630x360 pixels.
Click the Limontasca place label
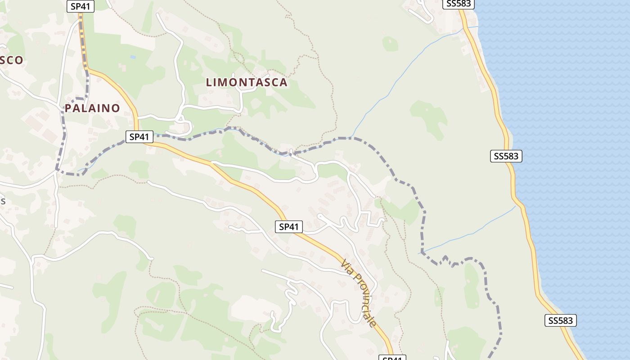tap(247, 82)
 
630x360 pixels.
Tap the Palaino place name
tap(92, 108)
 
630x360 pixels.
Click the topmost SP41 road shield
tap(81, 6)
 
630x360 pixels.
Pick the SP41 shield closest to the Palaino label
tap(139, 137)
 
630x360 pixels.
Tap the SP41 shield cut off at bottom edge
tap(391, 358)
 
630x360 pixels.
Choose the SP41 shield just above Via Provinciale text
tap(289, 227)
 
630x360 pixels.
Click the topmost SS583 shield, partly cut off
tap(459, 4)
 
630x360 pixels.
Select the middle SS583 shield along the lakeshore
tap(506, 156)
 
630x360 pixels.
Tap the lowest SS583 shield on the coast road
tap(561, 320)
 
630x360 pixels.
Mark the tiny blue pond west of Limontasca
tap(132, 58)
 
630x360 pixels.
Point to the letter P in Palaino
tap(68, 108)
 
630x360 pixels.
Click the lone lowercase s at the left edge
tap(3, 201)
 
